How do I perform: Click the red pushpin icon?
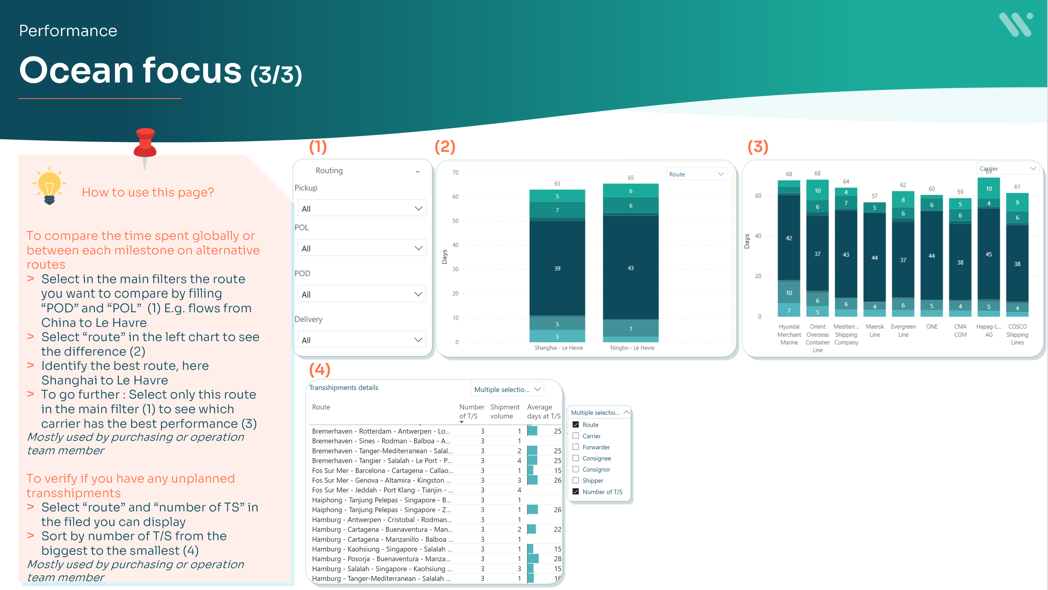[145, 145]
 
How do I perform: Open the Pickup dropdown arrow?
[418, 208]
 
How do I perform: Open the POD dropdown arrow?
[418, 294]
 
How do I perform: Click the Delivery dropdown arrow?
[418, 339]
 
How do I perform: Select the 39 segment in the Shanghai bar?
[557, 268]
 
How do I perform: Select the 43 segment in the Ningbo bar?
[630, 268]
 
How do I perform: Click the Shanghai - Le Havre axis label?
[558, 348]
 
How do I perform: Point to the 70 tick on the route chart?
[455, 173]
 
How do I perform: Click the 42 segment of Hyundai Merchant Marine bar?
[788, 238]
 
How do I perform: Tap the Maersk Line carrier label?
[874, 330]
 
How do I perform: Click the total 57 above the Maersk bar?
[874, 196]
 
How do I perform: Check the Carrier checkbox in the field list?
[576, 436]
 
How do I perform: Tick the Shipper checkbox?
[576, 480]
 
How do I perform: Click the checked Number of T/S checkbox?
[576, 491]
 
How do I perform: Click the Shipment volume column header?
[504, 411]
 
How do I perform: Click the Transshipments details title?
[343, 387]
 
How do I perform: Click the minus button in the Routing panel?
[417, 171]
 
